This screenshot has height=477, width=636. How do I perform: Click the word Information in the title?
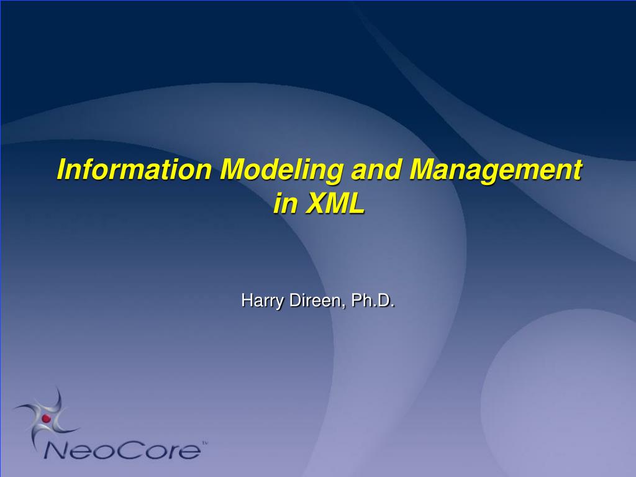pos(134,169)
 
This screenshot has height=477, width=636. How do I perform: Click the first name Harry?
pos(262,301)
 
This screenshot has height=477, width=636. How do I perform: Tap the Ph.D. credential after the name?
pos(373,301)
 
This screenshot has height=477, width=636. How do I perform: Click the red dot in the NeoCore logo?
pos(46,418)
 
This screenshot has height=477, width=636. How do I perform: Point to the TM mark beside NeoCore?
pos(205,443)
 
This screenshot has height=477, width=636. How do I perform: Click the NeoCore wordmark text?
pos(122,450)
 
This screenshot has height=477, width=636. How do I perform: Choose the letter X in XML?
pos(316,203)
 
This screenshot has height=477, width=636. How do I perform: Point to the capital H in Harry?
pos(247,301)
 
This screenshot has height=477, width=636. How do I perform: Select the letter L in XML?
pos(357,203)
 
